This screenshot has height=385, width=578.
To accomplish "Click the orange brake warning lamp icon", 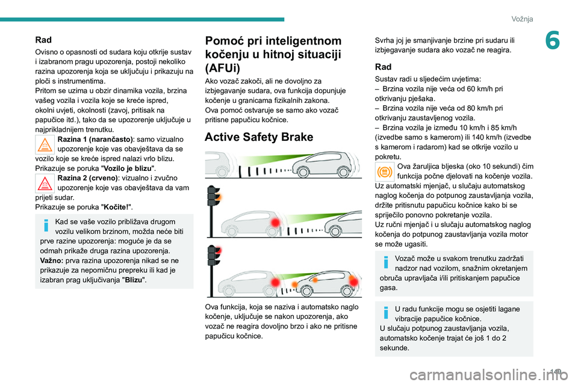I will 384,173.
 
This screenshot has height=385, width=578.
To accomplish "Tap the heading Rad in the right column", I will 383,67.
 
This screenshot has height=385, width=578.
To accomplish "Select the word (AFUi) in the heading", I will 223,68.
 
